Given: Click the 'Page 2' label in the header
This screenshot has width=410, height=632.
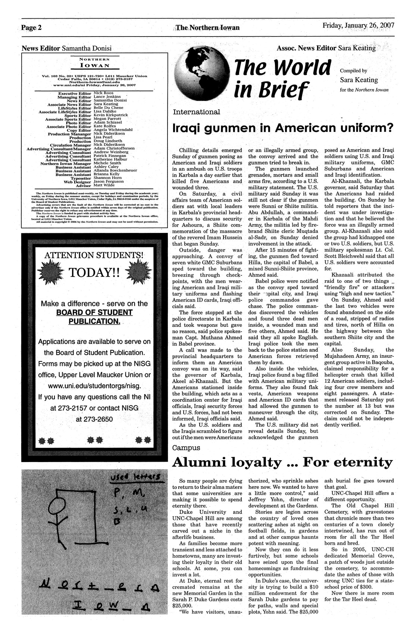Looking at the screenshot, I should pos(31,28).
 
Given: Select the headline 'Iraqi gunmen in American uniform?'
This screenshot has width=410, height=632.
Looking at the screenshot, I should pos(282,129).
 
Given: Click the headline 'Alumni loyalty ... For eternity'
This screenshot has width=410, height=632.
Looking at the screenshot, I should pos(282,462).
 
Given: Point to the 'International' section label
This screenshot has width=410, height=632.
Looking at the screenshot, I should pos(196,112).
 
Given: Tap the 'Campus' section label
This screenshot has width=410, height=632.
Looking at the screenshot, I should pos(186,447).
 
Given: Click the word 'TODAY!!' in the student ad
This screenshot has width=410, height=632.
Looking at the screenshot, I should pos(93,274).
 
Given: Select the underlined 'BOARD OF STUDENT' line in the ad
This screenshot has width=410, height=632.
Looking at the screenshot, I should pos(94,312).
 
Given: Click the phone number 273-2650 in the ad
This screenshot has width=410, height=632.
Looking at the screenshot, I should pos(94,419).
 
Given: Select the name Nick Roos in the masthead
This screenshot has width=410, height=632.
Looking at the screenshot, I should pos(103,93).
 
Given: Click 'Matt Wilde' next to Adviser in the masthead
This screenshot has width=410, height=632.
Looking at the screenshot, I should pos(104,185).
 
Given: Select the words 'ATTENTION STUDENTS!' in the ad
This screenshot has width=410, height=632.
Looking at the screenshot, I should pos(94,255).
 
